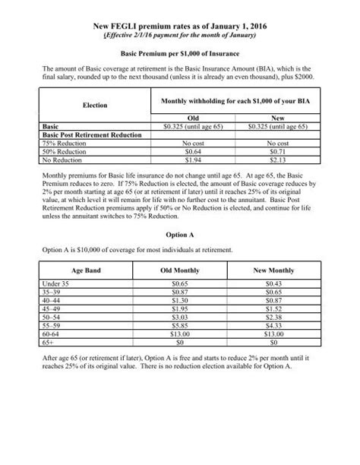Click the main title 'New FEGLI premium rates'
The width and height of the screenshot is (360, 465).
[x=180, y=24]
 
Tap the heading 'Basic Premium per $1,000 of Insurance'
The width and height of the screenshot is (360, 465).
[x=180, y=55]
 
